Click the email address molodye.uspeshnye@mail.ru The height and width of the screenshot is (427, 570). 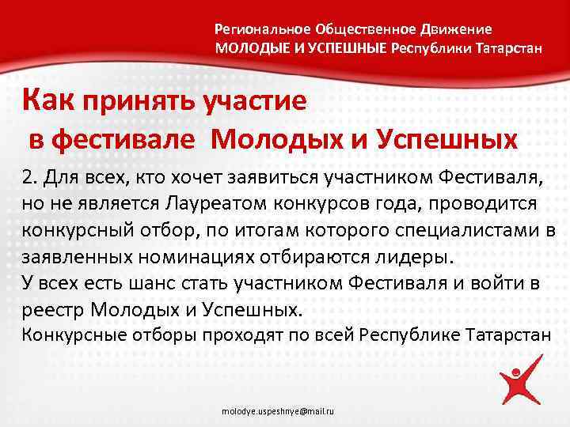click(x=278, y=413)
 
